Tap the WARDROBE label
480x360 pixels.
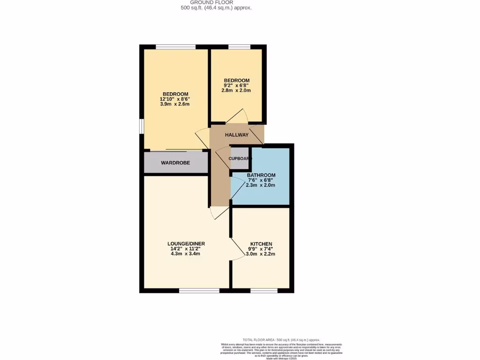click(x=175, y=163)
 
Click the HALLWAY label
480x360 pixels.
click(x=237, y=135)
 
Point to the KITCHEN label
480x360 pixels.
click(x=261, y=244)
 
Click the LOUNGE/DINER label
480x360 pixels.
click(x=186, y=244)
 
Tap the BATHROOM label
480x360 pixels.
click(x=261, y=175)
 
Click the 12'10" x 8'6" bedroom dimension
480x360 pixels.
click(x=175, y=99)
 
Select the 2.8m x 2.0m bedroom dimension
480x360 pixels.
click(x=236, y=90)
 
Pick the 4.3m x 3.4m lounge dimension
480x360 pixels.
click(x=186, y=254)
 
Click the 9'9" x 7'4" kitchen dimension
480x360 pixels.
click(x=261, y=249)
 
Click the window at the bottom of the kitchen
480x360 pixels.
click(x=264, y=291)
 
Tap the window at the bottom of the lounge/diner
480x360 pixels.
click(x=199, y=291)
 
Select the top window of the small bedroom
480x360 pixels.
click(x=239, y=47)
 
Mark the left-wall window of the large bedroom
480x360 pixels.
click(x=142, y=127)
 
